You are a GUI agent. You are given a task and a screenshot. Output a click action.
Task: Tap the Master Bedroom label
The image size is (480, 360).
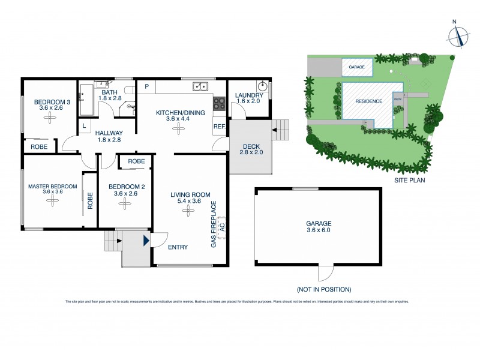click(x=53, y=187)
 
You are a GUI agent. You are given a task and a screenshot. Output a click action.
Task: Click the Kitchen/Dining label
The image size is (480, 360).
click(x=181, y=112)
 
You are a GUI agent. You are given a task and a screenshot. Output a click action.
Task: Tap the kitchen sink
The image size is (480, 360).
click(x=200, y=86)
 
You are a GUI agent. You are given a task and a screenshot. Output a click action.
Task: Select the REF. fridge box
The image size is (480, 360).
click(x=219, y=127)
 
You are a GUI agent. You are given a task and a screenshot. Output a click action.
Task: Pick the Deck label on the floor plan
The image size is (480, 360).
click(x=251, y=147)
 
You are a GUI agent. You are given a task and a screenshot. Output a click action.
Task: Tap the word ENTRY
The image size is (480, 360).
click(x=178, y=247)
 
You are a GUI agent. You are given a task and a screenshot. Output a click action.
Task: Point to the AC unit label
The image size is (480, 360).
click(x=222, y=227)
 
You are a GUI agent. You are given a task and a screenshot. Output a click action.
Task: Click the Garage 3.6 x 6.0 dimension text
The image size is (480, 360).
click(x=318, y=230)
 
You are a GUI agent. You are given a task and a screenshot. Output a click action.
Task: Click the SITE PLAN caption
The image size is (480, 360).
click(x=410, y=180)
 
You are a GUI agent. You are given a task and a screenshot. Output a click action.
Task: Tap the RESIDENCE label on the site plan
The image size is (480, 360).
click(x=368, y=101)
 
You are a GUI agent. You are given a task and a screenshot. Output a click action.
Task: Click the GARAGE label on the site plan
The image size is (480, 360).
click(x=356, y=67)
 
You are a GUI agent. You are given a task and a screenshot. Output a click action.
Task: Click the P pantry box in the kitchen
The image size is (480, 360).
click(x=146, y=86)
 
